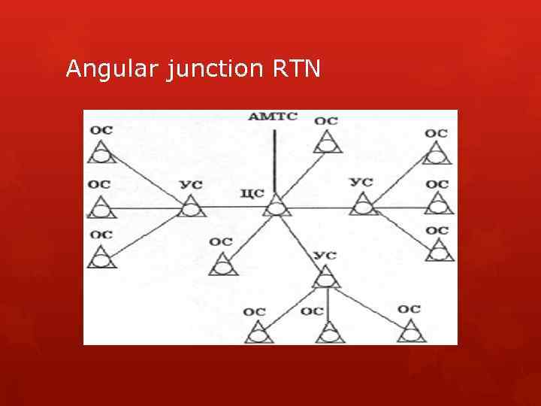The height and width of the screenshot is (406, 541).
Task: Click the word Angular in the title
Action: pyautogui.click(x=110, y=70)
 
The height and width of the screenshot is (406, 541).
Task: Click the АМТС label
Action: pyautogui.click(x=273, y=117)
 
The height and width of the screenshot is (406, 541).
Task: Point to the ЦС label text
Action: pyautogui.click(x=252, y=193)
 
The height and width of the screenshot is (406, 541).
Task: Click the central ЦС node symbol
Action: pyautogui.click(x=277, y=205)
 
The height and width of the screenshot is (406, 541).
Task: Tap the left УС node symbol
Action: pyautogui.click(x=192, y=206)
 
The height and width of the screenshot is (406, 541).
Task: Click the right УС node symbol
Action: pyautogui.click(x=364, y=205)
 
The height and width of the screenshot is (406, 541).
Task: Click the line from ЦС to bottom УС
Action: pyautogui.click(x=301, y=242)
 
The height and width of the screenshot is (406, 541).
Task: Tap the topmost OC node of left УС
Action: pyautogui.click(x=101, y=153)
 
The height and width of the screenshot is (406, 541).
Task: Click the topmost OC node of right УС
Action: pyautogui.click(x=437, y=154)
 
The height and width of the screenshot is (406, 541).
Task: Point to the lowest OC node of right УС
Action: pyautogui.click(x=438, y=250)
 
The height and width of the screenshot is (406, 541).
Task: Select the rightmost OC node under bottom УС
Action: pyautogui.click(x=410, y=332)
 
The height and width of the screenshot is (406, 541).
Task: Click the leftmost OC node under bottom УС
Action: pyautogui.click(x=258, y=332)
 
